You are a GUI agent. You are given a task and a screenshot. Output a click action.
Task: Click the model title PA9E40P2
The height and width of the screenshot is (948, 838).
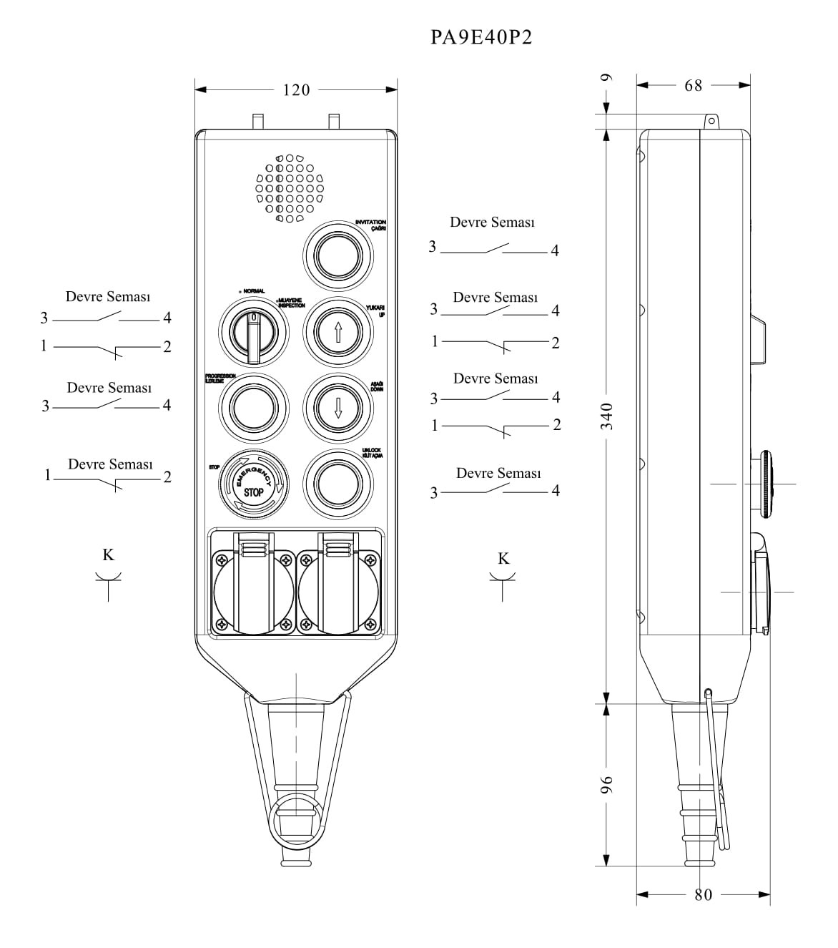coord(481,37)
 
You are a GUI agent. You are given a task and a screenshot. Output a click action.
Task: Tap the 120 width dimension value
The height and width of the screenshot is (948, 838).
coord(296,90)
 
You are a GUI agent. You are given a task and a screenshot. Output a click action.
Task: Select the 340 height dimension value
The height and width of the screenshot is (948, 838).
coord(606,416)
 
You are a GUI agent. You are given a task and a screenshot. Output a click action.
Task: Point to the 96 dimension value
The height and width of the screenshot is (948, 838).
coord(606,786)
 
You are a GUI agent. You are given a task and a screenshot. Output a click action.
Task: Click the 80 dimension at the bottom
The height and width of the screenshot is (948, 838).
coord(703,894)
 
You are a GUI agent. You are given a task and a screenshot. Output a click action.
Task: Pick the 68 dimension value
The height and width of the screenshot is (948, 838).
coord(693,86)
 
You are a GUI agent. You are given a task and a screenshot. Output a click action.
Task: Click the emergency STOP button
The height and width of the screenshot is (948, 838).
coord(254,484)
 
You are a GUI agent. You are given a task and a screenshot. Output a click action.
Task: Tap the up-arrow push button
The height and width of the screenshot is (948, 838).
coord(338,331)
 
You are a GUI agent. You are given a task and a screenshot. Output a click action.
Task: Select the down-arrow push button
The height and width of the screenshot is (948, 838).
coord(338,407)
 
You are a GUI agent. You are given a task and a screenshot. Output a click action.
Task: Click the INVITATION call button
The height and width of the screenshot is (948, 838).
coord(338,255)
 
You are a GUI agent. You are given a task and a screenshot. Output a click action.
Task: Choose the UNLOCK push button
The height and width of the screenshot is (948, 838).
coord(338,484)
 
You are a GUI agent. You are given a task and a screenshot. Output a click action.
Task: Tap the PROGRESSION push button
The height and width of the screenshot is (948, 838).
coord(253,407)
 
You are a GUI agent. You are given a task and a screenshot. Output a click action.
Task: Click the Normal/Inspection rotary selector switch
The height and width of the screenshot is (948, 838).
coord(253,331)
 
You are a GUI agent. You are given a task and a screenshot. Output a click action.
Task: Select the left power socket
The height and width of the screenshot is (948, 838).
coord(253,594)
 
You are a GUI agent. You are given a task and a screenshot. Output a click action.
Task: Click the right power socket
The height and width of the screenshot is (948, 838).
coord(338,594)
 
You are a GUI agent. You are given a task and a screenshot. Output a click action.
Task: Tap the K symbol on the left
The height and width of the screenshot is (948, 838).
coord(108,555)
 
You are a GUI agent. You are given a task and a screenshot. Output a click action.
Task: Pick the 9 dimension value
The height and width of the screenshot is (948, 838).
coord(606,78)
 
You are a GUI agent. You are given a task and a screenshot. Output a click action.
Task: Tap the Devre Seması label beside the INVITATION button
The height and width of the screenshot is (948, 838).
coord(492,223)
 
